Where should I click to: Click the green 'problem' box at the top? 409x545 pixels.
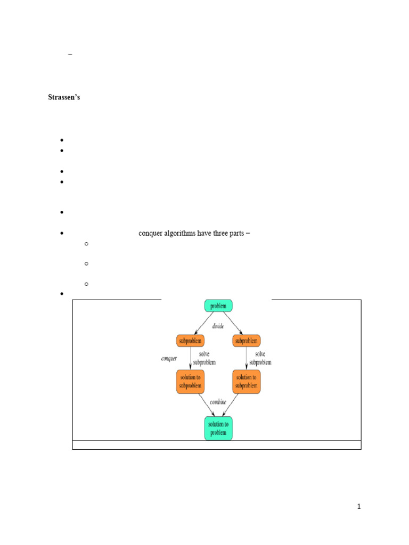pos(218,306)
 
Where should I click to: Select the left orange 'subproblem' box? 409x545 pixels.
pos(191,341)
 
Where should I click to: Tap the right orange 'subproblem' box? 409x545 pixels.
pos(247,341)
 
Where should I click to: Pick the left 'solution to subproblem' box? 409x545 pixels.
pos(191,382)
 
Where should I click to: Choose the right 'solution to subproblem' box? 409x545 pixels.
pos(247,382)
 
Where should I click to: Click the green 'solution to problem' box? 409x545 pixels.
pos(218,428)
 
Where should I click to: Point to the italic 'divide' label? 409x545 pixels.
pos(218,326)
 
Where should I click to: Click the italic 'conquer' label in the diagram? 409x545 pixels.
pos(169,359)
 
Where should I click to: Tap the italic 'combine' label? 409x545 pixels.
pos(218,402)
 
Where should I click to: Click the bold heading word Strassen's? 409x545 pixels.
pos(64,98)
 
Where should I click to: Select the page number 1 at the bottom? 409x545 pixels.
pos(359,507)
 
